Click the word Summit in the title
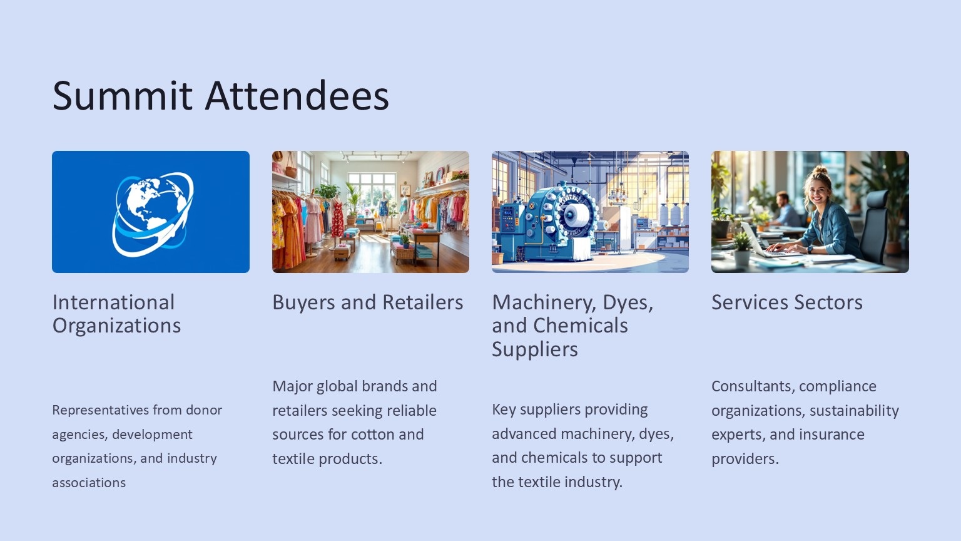[122, 95]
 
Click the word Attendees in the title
[297, 95]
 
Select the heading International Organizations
[117, 314]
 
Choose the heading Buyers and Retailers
[368, 302]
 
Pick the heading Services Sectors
[787, 302]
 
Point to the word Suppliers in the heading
[535, 349]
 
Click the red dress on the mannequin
[338, 217]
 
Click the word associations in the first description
[89, 483]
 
